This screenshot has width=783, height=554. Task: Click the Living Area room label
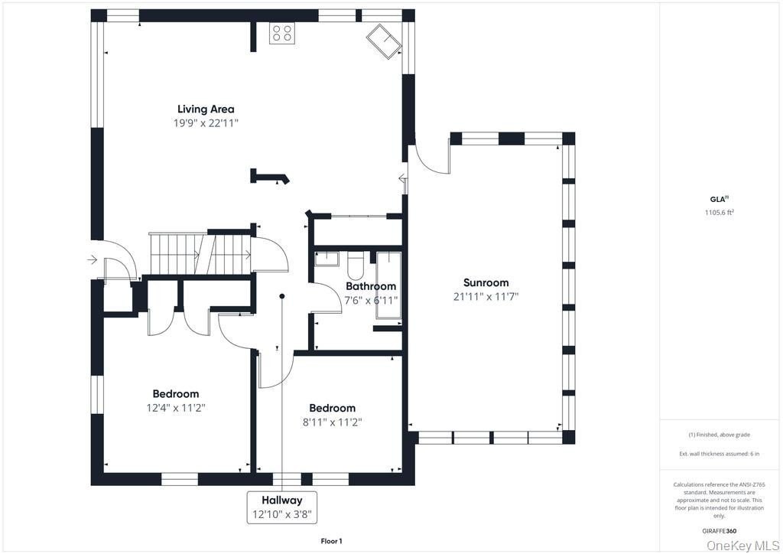[x=206, y=109]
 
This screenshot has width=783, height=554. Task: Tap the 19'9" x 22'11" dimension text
[x=206, y=123]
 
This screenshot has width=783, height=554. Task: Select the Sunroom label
[x=486, y=283]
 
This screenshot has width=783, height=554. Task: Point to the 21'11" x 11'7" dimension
[x=486, y=297]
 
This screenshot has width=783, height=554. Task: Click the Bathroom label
[x=371, y=286]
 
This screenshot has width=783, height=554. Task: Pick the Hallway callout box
[x=282, y=507]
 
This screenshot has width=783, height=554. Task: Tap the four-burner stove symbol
[x=282, y=34]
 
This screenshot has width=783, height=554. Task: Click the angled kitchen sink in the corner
[x=384, y=42]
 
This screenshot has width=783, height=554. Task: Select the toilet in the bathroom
[x=356, y=265]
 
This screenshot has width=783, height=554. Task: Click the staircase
[x=200, y=253]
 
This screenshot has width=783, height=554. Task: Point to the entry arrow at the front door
[x=92, y=259]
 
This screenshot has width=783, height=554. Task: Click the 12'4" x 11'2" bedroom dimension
[x=176, y=408]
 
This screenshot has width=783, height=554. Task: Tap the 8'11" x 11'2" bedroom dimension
[x=332, y=422]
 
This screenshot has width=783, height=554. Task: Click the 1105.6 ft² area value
[x=719, y=212]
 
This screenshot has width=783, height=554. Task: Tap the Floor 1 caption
[x=331, y=541]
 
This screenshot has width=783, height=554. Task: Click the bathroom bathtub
[x=388, y=285]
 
